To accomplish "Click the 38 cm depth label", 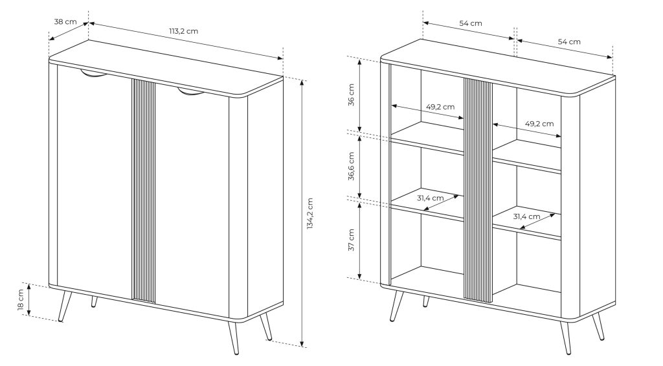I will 65,21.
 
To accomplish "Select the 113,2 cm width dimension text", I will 184,31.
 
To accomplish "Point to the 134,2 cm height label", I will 310,214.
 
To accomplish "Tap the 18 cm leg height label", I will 21,300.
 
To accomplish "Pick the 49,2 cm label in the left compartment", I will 440,107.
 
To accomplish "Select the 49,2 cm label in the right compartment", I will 539,123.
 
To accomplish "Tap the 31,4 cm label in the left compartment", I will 430,198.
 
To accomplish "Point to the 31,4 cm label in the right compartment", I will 526,216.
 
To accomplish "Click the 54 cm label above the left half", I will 471,23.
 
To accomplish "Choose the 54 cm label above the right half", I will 568,41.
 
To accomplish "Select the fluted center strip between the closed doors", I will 144,191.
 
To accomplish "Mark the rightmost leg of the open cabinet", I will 598,326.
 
